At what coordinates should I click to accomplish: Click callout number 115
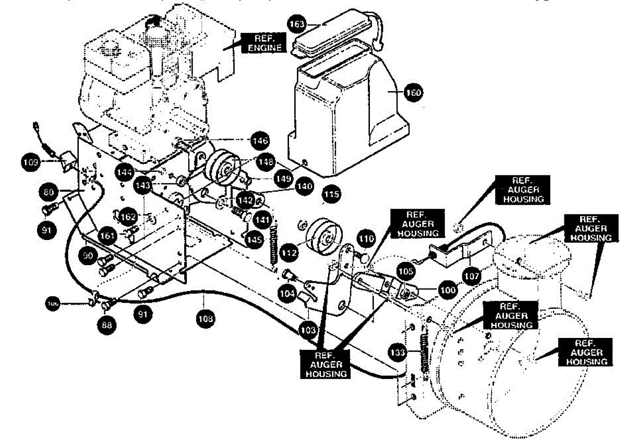point(331,195)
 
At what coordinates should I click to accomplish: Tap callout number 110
point(366,240)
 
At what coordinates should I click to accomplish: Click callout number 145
point(254,240)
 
